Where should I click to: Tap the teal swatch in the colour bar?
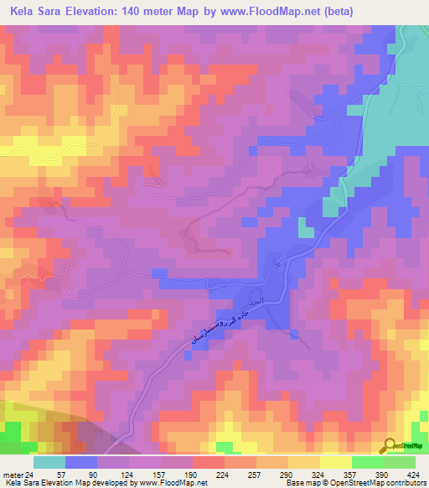(x=49, y=462)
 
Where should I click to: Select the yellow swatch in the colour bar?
(x=335, y=462)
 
